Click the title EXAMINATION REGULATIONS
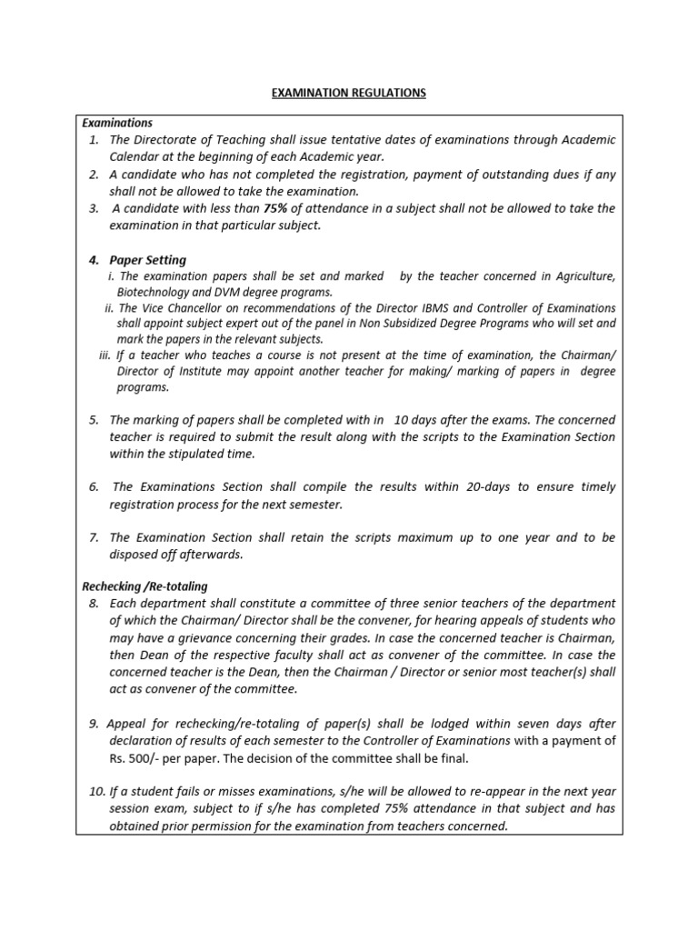point(348,93)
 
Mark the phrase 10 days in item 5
point(414,419)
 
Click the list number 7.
point(94,537)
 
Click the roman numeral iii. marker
point(104,355)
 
